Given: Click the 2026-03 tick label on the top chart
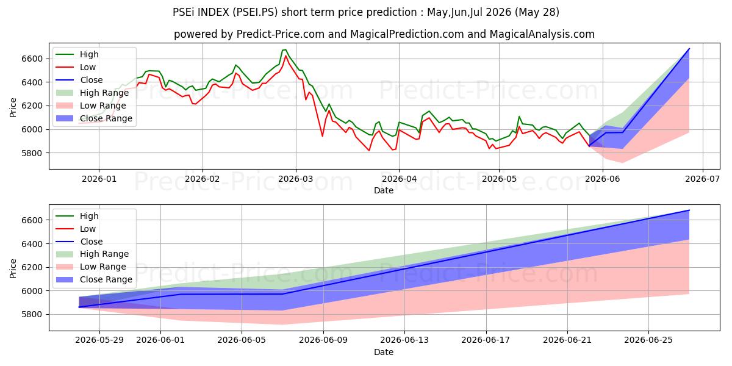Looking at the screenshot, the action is click(295, 179).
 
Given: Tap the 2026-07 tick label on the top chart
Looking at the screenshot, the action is click(702, 179).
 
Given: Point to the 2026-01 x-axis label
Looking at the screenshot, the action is click(99, 179).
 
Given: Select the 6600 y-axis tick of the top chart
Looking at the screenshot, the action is click(32, 59).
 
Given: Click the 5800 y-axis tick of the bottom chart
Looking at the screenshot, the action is click(32, 314).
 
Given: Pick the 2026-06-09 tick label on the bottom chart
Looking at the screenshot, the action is click(323, 340).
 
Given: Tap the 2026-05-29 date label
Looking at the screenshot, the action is click(99, 340).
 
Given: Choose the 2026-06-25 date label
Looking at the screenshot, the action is click(648, 340).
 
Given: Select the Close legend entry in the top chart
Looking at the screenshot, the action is click(79, 80).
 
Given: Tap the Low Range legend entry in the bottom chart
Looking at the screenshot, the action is click(91, 267).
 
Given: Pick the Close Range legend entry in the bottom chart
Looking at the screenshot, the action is click(94, 279).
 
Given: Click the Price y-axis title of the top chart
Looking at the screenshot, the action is click(13, 107).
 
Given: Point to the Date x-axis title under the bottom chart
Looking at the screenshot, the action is click(384, 352).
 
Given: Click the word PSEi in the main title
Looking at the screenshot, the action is click(184, 12).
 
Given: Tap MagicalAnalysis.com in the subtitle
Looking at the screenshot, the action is click(542, 34).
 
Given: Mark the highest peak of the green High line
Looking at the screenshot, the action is click(285, 49).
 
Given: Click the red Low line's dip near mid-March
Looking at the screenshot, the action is click(322, 136).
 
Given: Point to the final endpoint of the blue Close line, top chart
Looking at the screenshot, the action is click(689, 49).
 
